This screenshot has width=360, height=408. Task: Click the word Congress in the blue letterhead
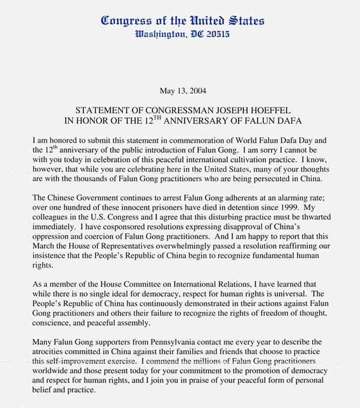coord(123,21)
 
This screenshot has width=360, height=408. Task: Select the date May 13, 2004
coord(180,92)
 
